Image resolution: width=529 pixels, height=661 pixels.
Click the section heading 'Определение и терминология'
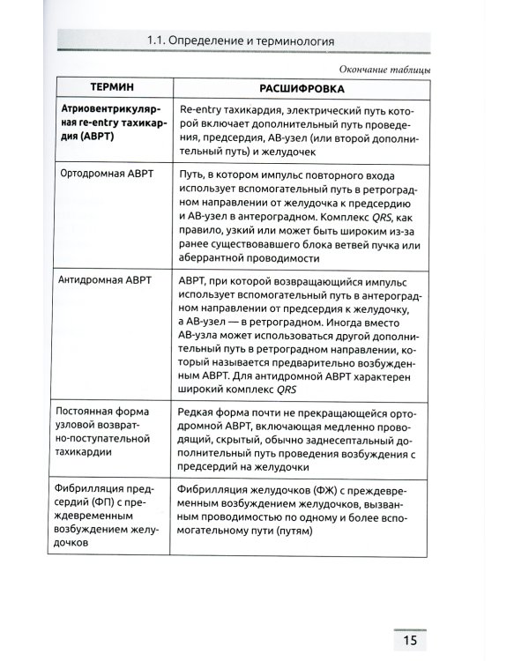click(x=263, y=41)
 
